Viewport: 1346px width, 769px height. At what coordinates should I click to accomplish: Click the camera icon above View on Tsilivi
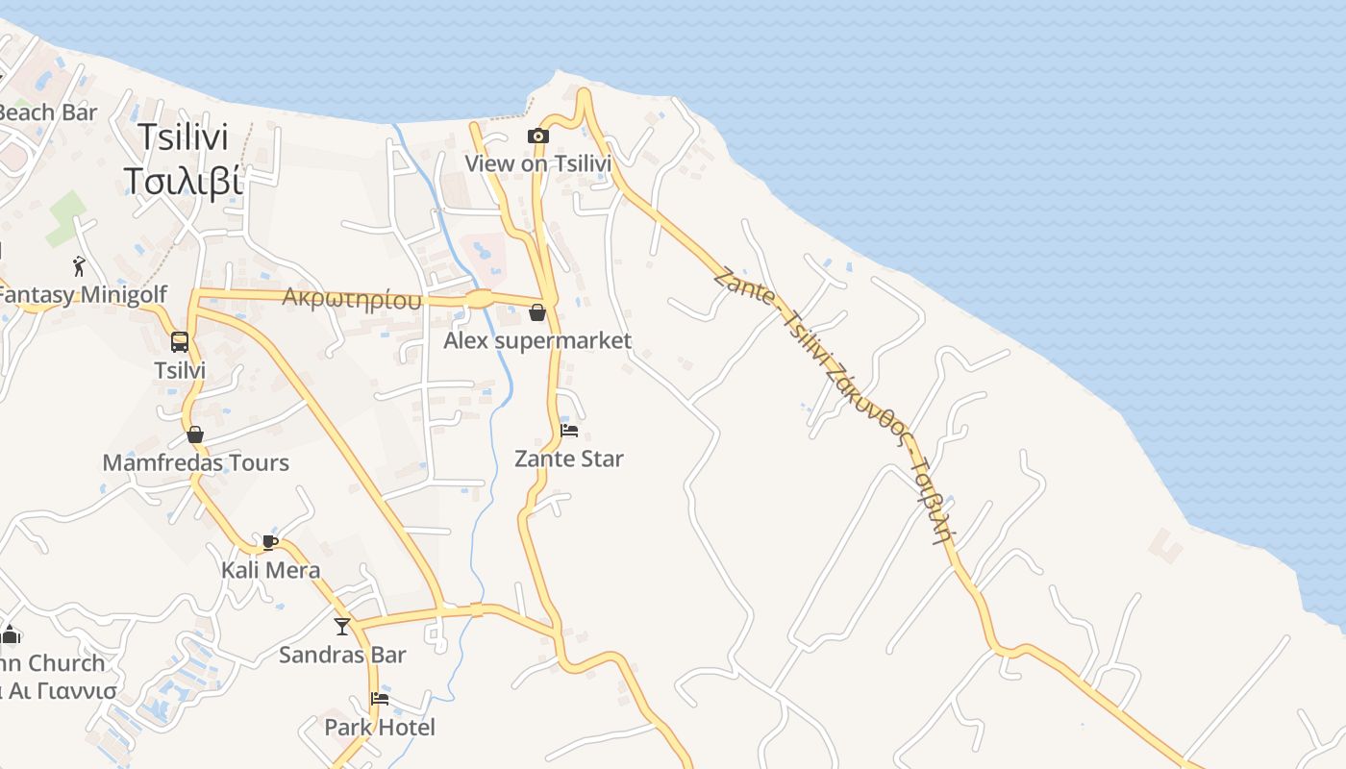point(538,136)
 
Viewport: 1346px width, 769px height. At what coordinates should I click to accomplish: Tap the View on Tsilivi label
point(538,163)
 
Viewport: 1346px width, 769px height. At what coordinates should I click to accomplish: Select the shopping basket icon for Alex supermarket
point(537,312)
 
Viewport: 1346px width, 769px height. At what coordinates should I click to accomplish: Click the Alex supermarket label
point(537,340)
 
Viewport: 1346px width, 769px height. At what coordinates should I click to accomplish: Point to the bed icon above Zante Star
point(569,431)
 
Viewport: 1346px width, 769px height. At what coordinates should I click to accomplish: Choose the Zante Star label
point(569,459)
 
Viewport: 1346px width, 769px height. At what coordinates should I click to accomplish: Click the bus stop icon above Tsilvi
point(180,341)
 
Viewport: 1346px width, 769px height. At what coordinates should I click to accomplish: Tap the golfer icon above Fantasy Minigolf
point(79,266)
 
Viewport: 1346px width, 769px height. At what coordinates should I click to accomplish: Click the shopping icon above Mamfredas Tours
point(195,434)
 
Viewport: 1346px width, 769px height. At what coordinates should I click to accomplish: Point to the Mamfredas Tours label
point(195,462)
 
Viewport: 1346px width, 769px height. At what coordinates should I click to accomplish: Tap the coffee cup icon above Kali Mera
point(270,542)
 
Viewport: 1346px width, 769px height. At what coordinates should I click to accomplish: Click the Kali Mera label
point(270,570)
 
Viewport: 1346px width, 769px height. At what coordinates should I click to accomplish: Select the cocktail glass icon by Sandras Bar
point(342,627)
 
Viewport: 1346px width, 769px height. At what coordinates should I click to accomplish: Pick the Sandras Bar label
point(342,655)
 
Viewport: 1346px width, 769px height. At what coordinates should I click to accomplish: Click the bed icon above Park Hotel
point(380,699)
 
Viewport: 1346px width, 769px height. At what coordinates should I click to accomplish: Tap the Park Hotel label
point(380,727)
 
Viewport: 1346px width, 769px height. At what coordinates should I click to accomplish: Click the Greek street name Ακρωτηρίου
point(352,298)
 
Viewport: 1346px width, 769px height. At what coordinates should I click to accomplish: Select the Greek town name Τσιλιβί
point(183,180)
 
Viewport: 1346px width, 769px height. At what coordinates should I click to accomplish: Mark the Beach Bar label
point(48,112)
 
